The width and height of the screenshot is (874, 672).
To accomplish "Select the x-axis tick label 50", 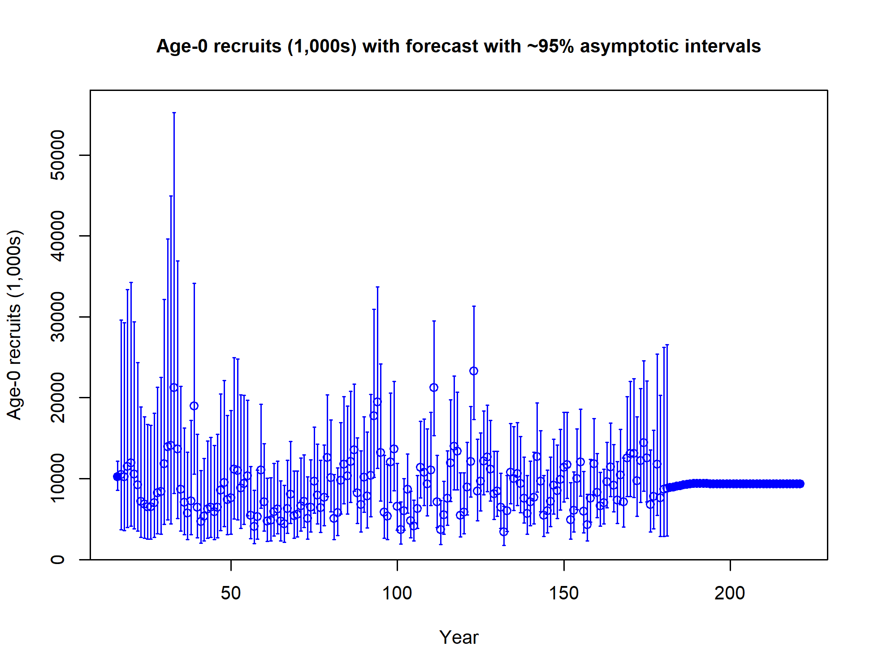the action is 231,593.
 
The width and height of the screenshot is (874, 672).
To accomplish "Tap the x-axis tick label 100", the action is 397,593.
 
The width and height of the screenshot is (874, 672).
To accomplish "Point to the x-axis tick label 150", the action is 564,593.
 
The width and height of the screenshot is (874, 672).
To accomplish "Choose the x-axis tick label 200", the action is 730,593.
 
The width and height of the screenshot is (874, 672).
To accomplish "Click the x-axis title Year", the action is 459,638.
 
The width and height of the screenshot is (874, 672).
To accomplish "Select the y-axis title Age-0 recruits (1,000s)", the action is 14,325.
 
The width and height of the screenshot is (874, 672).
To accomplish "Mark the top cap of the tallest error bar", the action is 174,113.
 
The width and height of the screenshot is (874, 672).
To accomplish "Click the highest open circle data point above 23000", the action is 474,371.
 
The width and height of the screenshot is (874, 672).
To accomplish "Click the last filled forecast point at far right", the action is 800,483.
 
